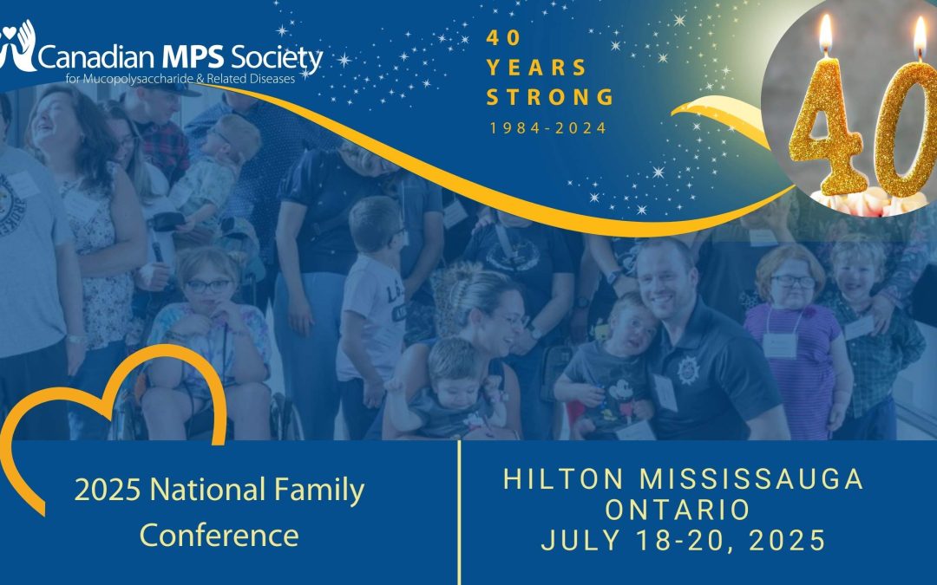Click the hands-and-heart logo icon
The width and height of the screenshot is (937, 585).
pyautogui.click(x=18, y=47)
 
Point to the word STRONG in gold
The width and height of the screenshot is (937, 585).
pyautogui.click(x=550, y=97)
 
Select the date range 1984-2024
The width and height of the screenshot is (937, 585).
pyautogui.click(x=548, y=127)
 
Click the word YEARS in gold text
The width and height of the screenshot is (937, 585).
pyautogui.click(x=536, y=68)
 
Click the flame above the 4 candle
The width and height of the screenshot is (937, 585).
pyautogui.click(x=826, y=33)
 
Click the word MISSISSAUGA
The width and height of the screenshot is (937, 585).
pyautogui.click(x=751, y=478)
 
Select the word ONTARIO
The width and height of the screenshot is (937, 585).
pyautogui.click(x=678, y=510)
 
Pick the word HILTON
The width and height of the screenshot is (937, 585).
pyautogui.click(x=564, y=478)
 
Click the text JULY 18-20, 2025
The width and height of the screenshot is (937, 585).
pyautogui.click(x=684, y=540)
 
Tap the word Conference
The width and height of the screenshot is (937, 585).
pyautogui.click(x=220, y=535)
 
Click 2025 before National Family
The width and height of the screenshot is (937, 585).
pyautogui.click(x=108, y=490)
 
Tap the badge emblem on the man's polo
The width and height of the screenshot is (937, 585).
pyautogui.click(x=688, y=370)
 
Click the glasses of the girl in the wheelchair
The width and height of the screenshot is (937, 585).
pyautogui.click(x=207, y=286)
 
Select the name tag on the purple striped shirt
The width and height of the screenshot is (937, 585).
pyautogui.click(x=780, y=346)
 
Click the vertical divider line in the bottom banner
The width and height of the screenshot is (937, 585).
pyautogui.click(x=459, y=513)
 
